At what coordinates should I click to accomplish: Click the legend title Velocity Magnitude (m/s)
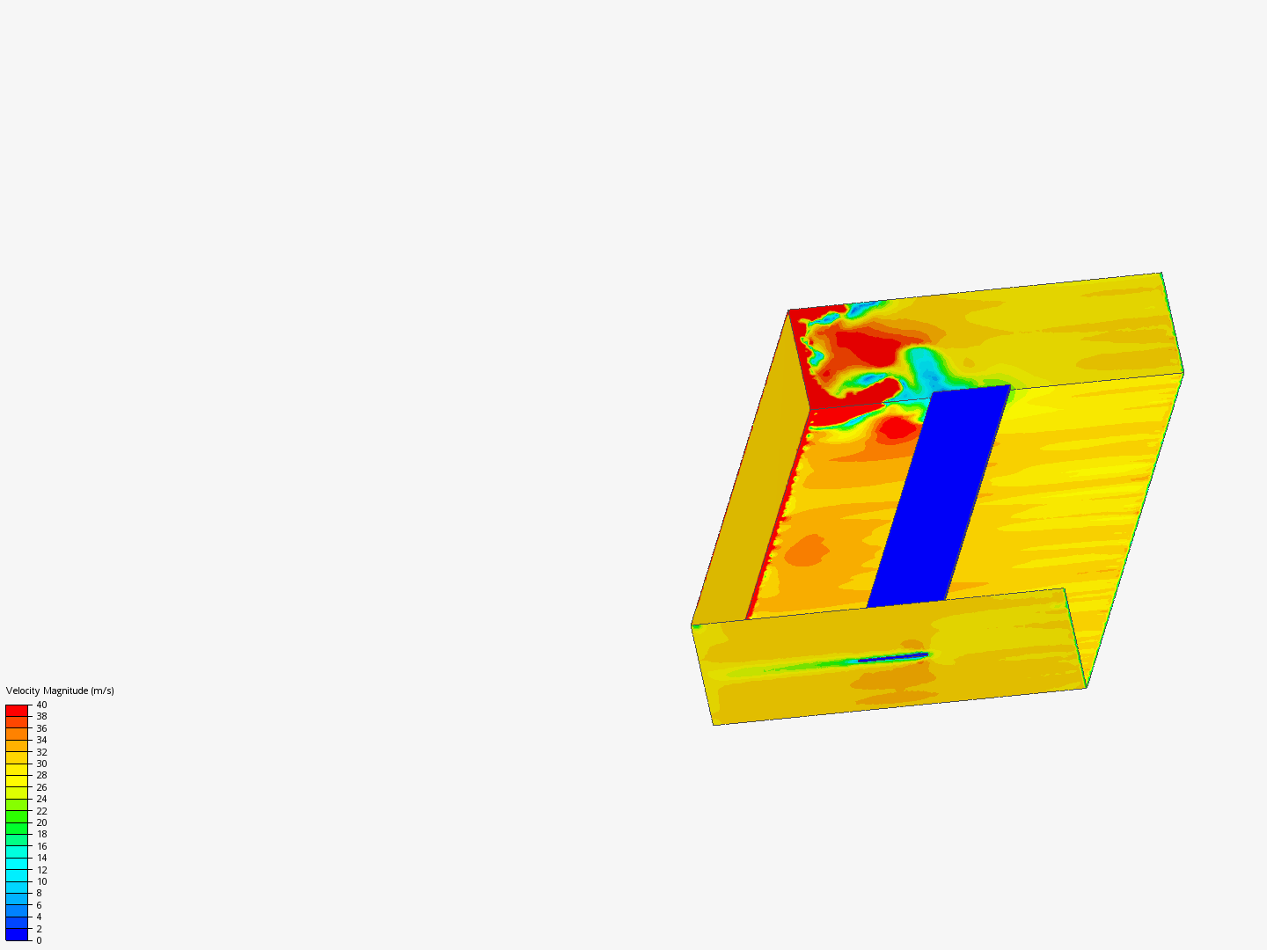tap(60, 691)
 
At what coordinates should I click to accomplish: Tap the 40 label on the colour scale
tap(41, 705)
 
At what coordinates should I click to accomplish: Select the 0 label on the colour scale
tap(39, 941)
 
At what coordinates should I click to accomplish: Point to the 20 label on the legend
tap(41, 822)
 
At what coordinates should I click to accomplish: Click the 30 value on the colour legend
tap(41, 764)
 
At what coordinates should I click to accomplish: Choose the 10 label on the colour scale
tap(41, 881)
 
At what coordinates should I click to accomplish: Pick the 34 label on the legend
tap(41, 740)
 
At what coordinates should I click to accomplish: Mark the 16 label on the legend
tap(41, 846)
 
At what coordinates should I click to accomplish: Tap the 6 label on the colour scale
tap(39, 905)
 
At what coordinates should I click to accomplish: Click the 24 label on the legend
tap(41, 799)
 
